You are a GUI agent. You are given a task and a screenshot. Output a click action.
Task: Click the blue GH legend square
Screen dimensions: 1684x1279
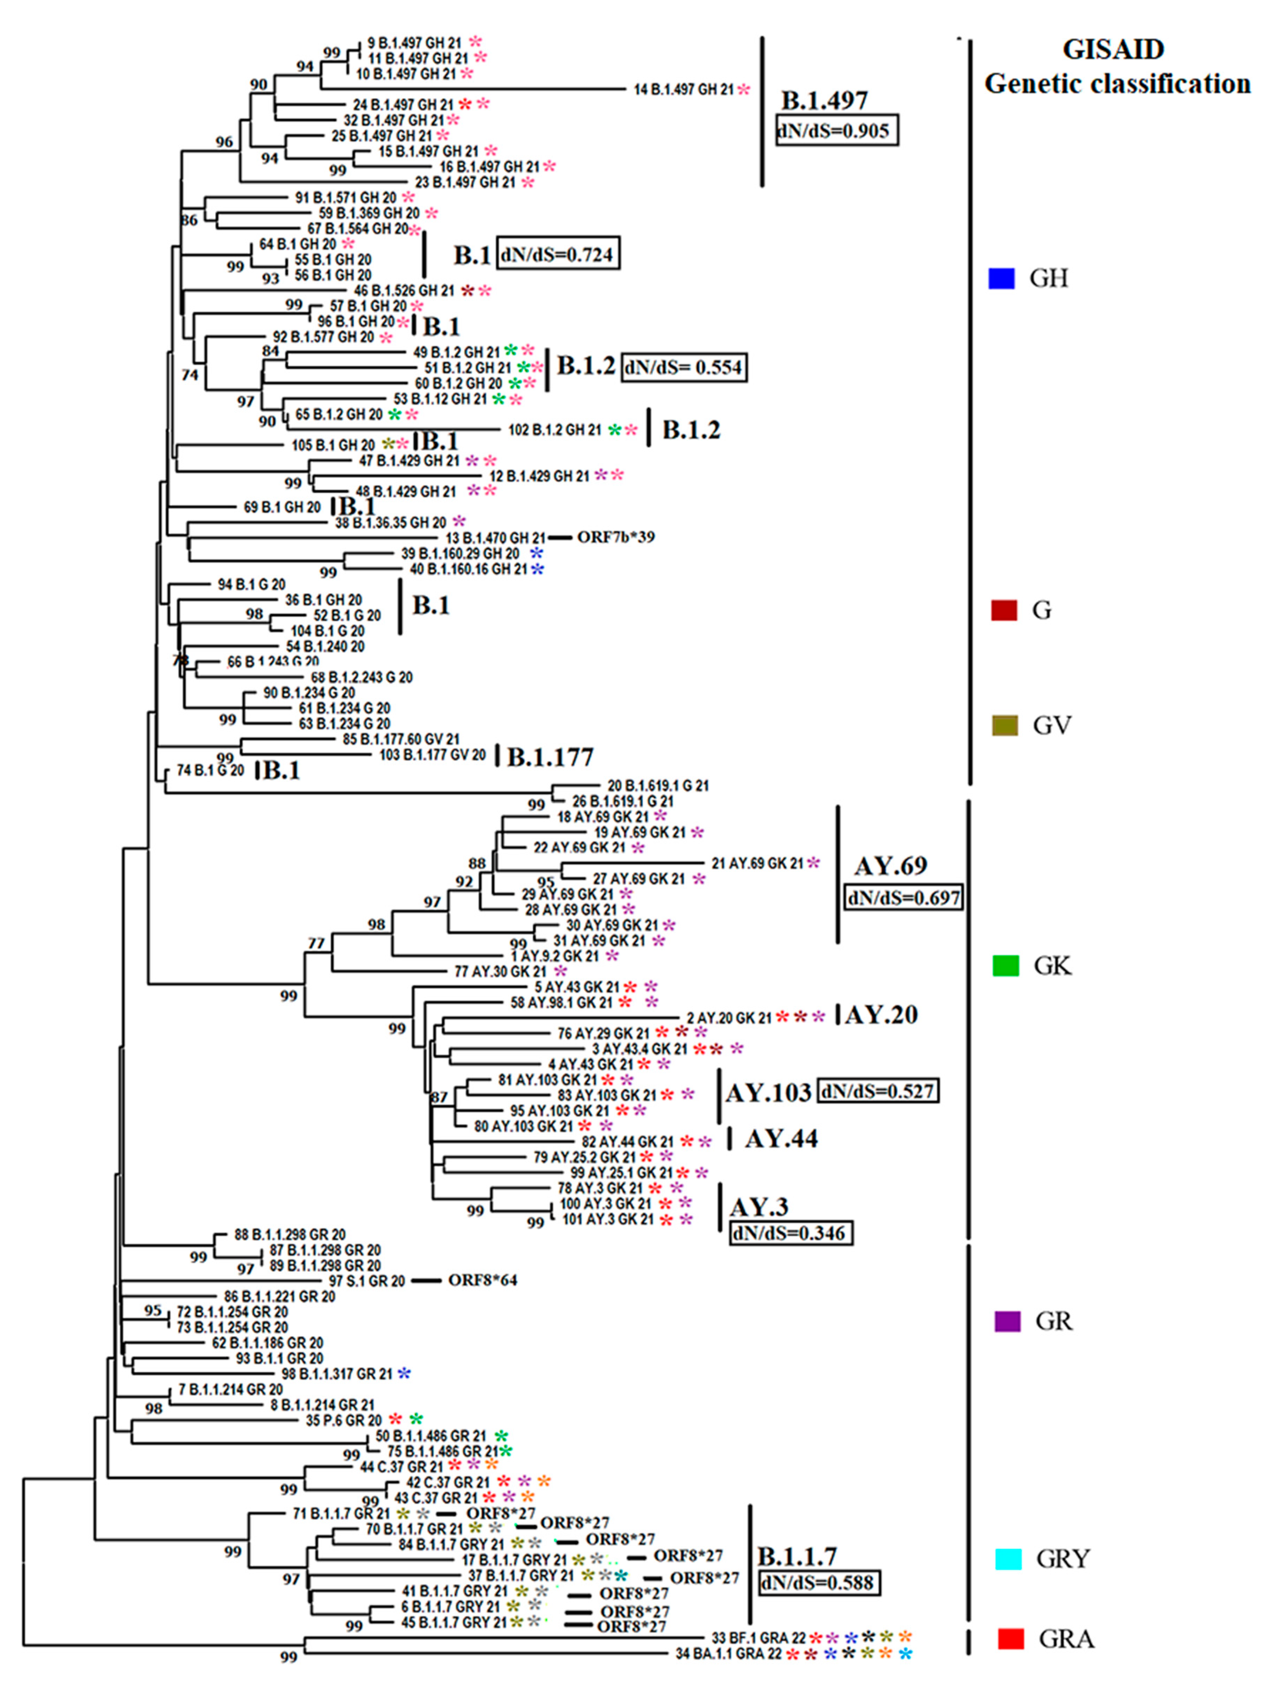[1001, 279]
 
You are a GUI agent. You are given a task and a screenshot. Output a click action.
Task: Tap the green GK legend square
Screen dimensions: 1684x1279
[1006, 965]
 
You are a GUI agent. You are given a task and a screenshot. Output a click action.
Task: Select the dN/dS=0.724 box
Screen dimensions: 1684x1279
[558, 254]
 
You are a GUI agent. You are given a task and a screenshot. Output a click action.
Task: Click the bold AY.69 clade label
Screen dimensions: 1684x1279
[891, 866]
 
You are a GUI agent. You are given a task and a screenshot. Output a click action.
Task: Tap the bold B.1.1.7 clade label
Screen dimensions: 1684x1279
[797, 1555]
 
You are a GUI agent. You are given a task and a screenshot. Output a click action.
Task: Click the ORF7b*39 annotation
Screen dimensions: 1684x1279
[615, 538]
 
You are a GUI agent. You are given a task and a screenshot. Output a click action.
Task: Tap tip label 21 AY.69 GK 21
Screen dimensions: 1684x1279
[757, 863]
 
